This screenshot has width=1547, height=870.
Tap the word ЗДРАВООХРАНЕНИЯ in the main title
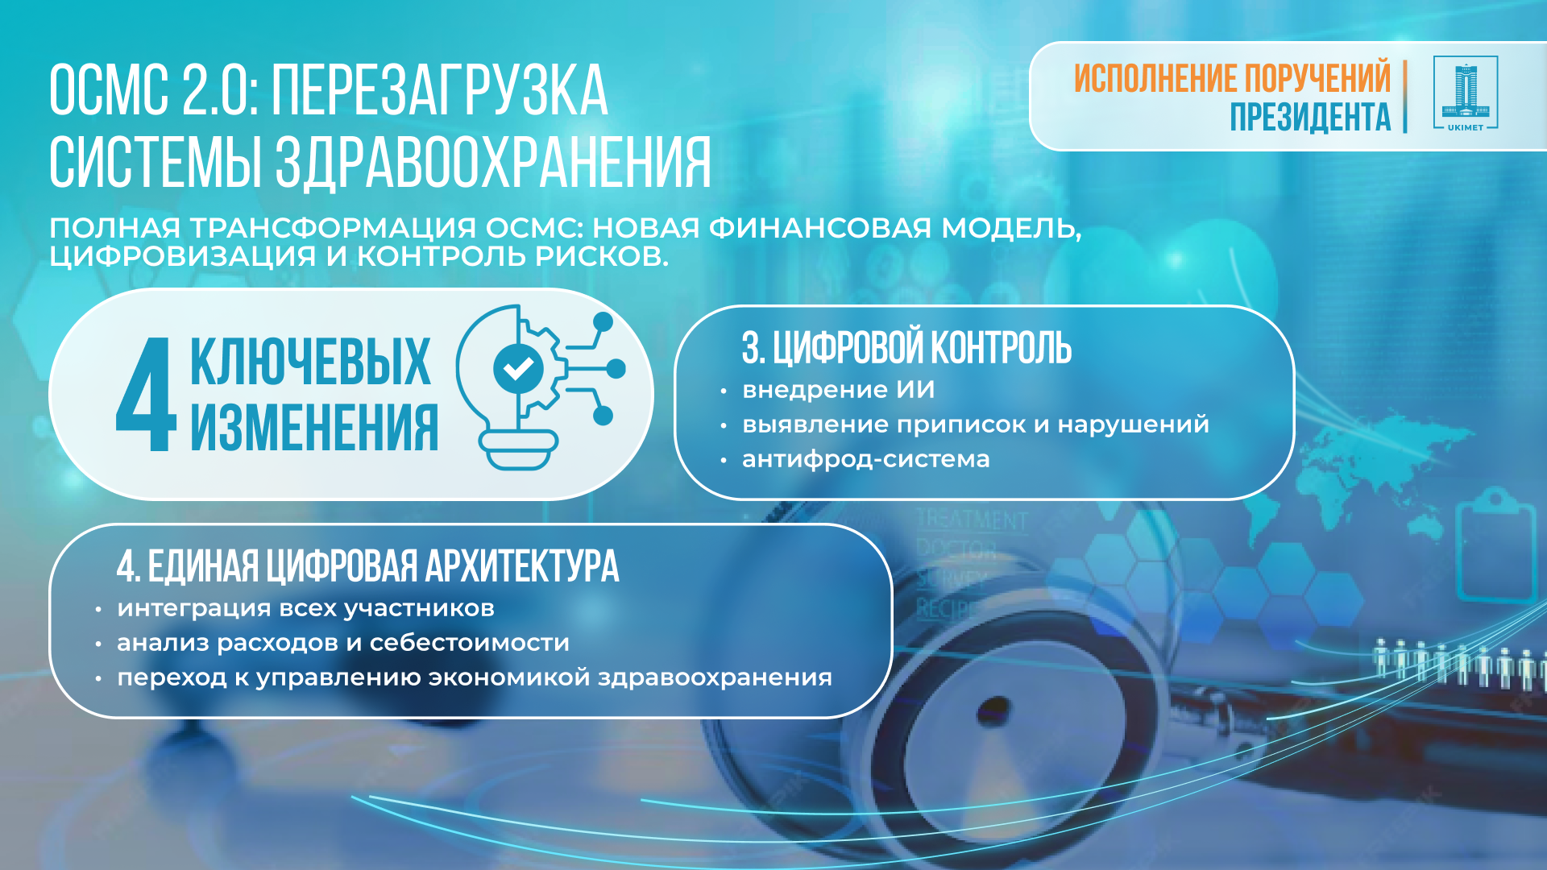pos(493,163)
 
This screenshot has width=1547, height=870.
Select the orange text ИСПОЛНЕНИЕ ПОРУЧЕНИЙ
pos(1232,78)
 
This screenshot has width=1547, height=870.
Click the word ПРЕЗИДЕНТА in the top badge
pos(1310,117)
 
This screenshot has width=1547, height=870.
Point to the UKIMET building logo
pos(1466,93)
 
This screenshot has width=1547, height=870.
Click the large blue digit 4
pos(146,395)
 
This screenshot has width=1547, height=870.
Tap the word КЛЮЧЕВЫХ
pos(310,362)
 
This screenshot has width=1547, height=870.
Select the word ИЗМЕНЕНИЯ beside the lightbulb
pos(314,428)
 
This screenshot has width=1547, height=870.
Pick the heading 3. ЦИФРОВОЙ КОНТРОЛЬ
pos(906,348)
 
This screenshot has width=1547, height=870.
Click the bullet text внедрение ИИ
pos(838,390)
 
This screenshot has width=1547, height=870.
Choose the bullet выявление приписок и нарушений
pos(975,425)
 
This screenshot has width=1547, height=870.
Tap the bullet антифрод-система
pos(865,459)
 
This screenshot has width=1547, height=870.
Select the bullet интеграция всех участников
pos(305,608)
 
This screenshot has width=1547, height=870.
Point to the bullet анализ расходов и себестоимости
pos(342,643)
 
